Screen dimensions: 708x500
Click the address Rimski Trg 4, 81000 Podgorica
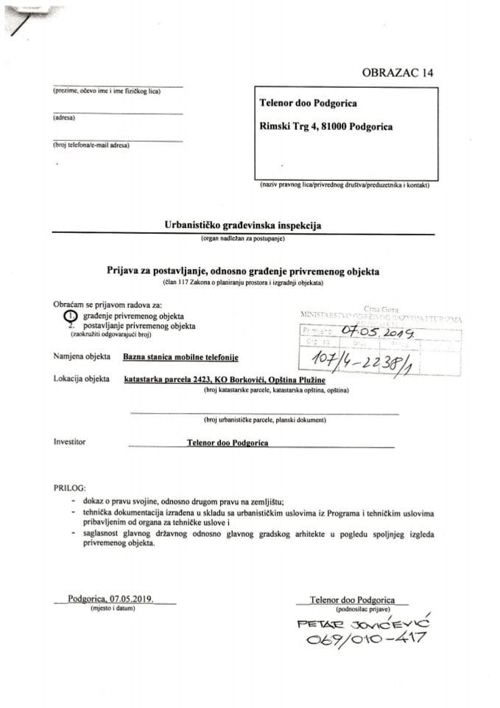tap(326, 126)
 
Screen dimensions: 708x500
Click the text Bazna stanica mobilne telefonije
tap(181, 357)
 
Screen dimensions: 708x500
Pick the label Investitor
tap(70, 442)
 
